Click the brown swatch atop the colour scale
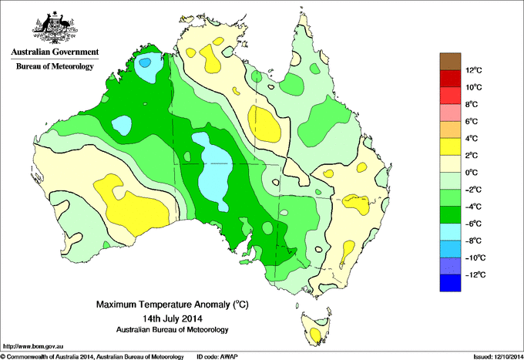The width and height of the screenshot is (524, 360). point(449,62)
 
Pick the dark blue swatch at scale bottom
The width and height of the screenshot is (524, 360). point(449,283)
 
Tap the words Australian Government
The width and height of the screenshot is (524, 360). point(54,52)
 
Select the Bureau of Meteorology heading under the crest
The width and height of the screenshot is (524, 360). point(54,67)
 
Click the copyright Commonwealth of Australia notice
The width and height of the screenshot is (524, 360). point(92,356)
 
